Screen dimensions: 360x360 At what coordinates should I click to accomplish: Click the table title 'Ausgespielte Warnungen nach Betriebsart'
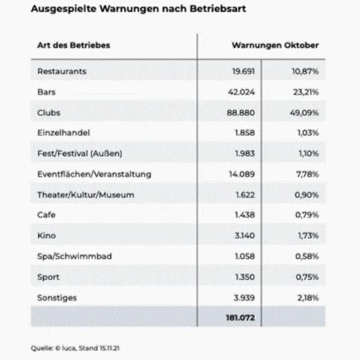(139, 9)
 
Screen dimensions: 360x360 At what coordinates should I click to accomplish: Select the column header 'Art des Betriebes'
(74, 45)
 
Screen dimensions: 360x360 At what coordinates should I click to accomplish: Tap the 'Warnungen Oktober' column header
(275, 45)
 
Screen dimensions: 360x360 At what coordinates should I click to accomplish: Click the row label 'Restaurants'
(62, 71)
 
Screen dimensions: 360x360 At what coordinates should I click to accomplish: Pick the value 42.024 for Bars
(241, 92)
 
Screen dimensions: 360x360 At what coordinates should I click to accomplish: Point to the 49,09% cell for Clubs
(304, 113)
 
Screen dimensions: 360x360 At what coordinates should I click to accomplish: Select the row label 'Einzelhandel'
(64, 133)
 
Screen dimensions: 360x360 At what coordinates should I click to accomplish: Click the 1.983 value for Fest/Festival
(245, 154)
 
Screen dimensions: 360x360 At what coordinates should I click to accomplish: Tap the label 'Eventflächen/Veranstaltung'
(94, 174)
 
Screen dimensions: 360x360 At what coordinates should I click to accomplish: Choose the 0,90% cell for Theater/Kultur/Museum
(307, 195)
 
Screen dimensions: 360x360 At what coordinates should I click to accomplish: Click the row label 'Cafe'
(46, 215)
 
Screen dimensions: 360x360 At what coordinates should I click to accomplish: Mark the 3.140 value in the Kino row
(245, 236)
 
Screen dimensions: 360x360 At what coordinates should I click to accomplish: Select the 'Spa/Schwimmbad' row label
(74, 256)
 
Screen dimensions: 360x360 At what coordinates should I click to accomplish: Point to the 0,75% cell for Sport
(307, 277)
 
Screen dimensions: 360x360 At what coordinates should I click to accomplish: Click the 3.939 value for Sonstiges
(244, 298)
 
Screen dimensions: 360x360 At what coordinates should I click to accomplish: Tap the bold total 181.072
(241, 318)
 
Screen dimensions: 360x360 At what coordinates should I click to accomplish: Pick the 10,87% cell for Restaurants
(305, 71)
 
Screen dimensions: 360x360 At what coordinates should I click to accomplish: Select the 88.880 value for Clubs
(241, 113)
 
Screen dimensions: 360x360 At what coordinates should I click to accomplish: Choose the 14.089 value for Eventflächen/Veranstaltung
(242, 174)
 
